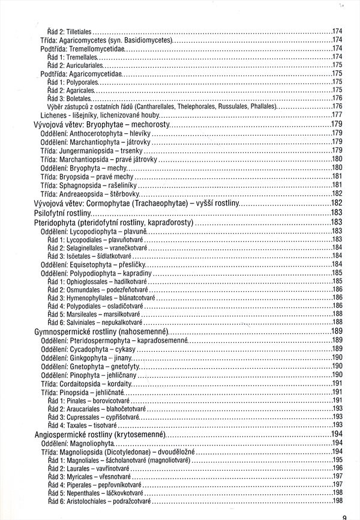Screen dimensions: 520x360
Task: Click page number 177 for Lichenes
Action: click(x=337, y=115)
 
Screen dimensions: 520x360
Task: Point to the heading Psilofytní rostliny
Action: click(x=69, y=213)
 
